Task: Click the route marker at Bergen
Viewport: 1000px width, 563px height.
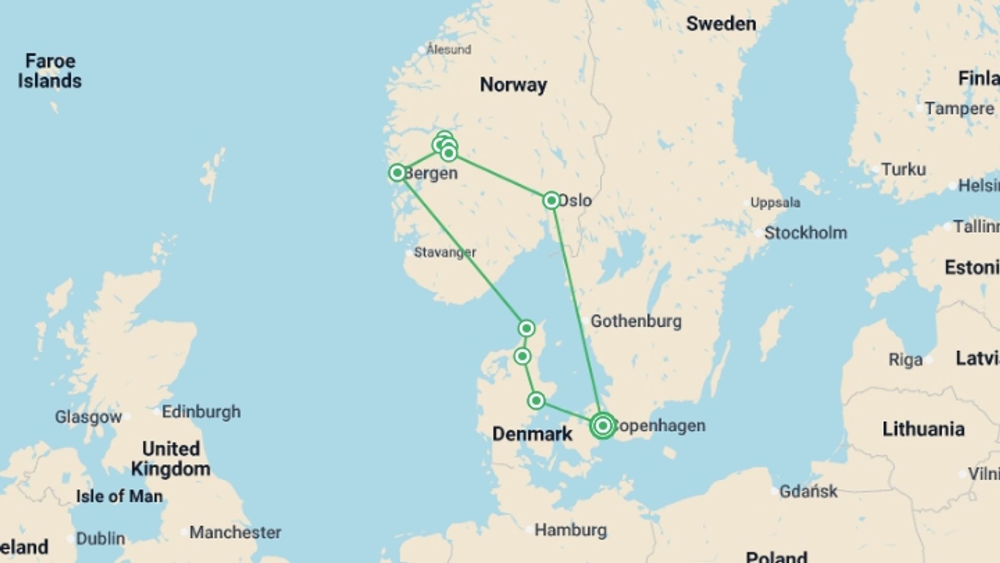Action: tap(397, 173)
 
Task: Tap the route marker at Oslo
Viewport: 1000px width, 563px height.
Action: tap(551, 200)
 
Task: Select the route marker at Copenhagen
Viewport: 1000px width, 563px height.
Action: tap(603, 426)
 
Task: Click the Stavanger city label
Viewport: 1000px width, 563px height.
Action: tap(444, 252)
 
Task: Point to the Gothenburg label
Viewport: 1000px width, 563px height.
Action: tap(635, 321)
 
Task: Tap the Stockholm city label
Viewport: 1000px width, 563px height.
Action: tap(805, 232)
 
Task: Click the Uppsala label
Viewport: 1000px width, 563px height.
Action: tap(775, 203)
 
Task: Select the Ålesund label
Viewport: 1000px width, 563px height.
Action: tap(448, 50)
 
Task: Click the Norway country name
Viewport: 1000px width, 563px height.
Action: tap(513, 84)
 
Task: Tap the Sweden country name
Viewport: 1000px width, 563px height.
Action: tap(721, 23)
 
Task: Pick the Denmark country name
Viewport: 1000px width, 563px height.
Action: tap(532, 434)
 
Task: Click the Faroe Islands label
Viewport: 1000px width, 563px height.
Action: tap(49, 71)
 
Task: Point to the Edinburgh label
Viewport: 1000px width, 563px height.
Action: tap(201, 412)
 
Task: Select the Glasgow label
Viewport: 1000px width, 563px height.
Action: tap(88, 417)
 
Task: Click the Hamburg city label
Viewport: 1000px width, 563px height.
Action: tap(570, 530)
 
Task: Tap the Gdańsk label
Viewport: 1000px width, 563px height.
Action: tap(808, 491)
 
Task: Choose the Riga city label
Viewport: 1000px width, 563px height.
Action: tap(905, 360)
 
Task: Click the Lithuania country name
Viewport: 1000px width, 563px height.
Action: tap(923, 429)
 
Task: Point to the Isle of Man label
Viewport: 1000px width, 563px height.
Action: tap(119, 496)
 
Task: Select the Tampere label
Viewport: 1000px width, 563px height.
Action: tap(959, 108)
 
